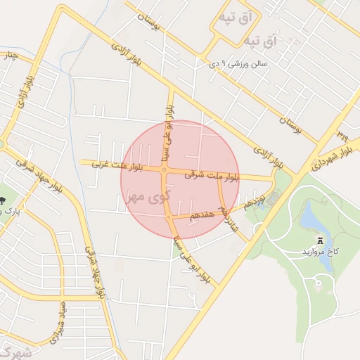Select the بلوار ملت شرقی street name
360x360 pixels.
(x=210, y=176)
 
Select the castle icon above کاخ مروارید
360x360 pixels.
(x=321, y=240)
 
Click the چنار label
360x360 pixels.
(x=9, y=56)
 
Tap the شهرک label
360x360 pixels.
(x=16, y=353)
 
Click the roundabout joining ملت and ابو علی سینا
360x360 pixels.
(x=164, y=169)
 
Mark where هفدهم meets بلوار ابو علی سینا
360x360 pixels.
(x=169, y=219)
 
